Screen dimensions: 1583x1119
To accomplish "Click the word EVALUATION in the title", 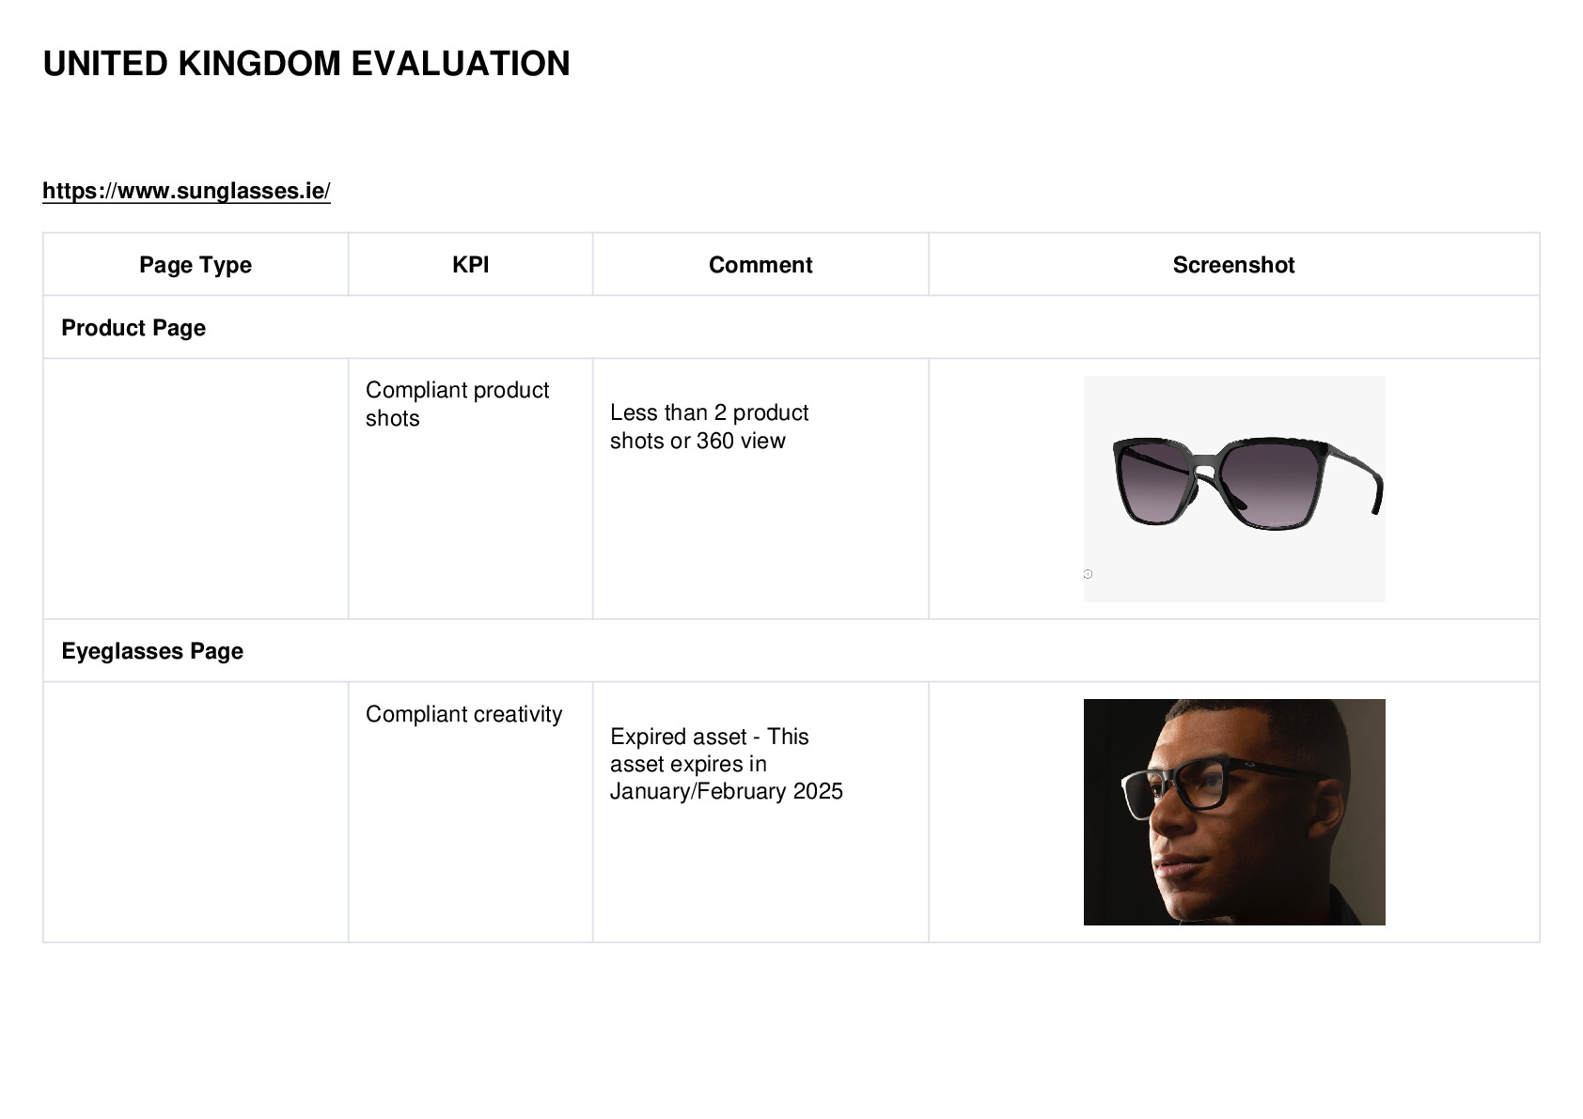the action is click(x=460, y=64).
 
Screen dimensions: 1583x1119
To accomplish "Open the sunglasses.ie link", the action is click(x=186, y=191).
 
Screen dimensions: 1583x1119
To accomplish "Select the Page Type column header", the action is click(x=195, y=265).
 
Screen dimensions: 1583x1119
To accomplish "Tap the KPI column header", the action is click(x=470, y=265).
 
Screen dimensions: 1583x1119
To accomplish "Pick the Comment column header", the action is click(x=760, y=265).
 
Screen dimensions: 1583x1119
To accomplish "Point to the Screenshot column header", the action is click(x=1233, y=265).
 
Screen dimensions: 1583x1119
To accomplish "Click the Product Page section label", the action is click(x=133, y=328).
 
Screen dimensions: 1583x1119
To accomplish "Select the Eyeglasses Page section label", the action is click(x=152, y=650).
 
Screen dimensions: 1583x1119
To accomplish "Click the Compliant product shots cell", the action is click(x=457, y=404).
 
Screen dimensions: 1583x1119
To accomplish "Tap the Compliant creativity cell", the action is click(x=463, y=714).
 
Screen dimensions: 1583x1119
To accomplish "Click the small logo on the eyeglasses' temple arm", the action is click(x=1249, y=765).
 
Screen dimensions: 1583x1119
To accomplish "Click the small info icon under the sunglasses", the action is click(x=1088, y=574).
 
